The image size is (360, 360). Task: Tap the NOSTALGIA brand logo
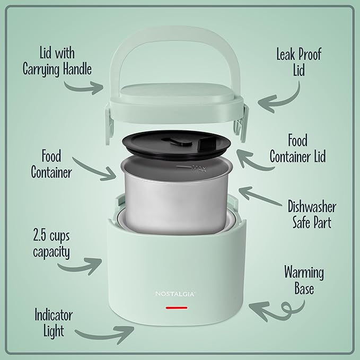click(x=173, y=292)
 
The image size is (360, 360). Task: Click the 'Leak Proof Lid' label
click(x=298, y=62)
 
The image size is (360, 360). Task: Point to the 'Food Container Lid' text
click(x=297, y=148)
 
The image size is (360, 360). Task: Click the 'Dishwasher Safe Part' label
click(x=311, y=214)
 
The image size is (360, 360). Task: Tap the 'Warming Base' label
click(x=304, y=280)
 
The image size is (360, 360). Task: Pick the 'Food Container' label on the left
click(x=51, y=164)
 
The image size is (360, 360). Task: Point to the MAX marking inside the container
click(x=198, y=170)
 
